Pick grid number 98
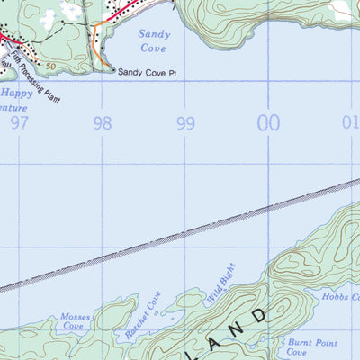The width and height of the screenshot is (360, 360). [103, 122]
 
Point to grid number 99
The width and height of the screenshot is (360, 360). [186, 122]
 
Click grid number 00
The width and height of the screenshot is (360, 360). [269, 122]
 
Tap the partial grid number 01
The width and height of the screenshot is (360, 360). [351, 122]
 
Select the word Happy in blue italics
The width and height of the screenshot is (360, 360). [18, 93]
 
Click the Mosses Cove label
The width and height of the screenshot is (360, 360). [74, 322]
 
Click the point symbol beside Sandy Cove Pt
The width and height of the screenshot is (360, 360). [111, 69]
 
